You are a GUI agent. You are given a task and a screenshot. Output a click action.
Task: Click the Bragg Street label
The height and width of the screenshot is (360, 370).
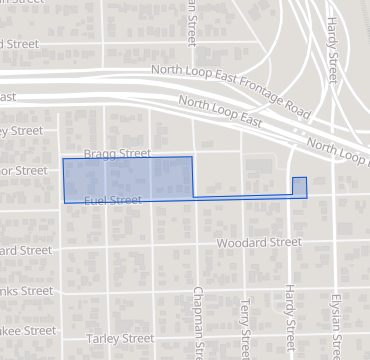(x=117, y=154)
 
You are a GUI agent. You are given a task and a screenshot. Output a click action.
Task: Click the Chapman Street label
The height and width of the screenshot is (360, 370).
(x=200, y=320)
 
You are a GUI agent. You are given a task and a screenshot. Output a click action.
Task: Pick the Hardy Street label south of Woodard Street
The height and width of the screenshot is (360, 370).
(x=288, y=320)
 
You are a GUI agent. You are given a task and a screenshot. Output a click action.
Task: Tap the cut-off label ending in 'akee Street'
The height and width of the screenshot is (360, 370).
(x=27, y=330)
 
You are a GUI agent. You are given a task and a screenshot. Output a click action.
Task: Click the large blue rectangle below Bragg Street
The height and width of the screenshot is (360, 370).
(x=127, y=178)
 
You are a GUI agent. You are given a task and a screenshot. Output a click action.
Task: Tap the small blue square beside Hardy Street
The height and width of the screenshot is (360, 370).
(x=299, y=186)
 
